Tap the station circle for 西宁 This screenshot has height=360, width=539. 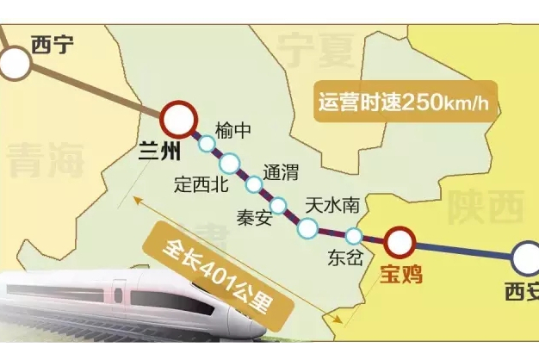point(13,63)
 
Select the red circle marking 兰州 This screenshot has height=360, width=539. point(177,117)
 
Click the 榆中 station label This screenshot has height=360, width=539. point(233,130)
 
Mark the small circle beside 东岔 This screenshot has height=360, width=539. point(354,235)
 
